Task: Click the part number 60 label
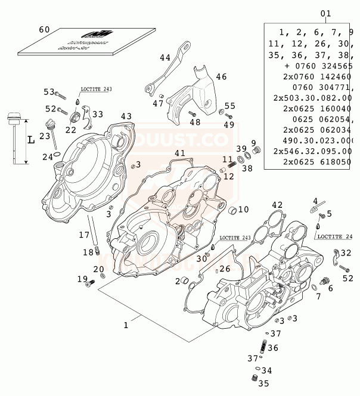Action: [44, 29]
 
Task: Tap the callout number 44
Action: [165, 57]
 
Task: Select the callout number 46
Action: [221, 77]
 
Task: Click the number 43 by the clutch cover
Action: [126, 116]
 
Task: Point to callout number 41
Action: [180, 153]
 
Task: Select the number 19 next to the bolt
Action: [82, 279]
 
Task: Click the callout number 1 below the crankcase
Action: [126, 325]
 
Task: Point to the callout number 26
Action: [224, 269]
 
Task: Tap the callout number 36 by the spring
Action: [272, 348]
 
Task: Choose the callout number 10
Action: [243, 210]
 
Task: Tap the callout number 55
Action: [229, 105]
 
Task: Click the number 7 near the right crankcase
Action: [318, 295]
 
